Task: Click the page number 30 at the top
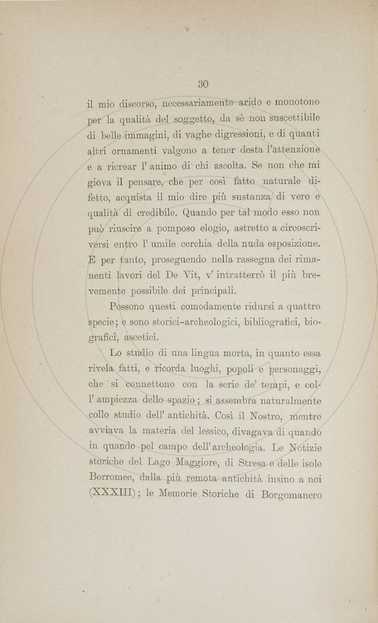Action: pos(203,84)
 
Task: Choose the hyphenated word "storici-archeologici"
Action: pos(206,322)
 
